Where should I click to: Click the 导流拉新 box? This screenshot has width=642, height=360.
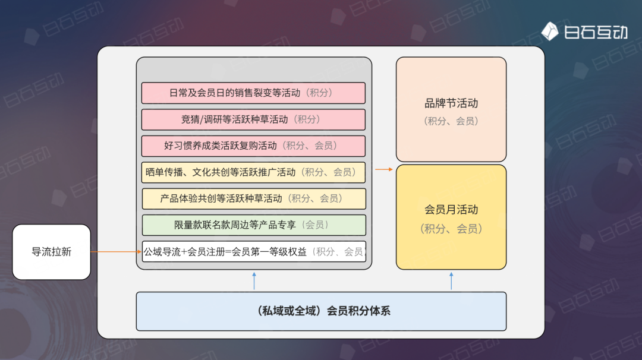coord(51,252)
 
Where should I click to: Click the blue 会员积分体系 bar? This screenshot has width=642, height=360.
coord(321,311)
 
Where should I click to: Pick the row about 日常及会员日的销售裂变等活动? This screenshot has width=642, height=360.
coord(253,93)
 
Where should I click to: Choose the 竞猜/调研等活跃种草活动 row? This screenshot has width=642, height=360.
coord(253,119)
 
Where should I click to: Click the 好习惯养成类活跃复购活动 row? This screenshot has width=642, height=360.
coord(253,146)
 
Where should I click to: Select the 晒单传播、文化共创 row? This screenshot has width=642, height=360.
coord(253,172)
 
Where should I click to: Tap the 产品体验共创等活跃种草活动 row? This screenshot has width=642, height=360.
coord(253,198)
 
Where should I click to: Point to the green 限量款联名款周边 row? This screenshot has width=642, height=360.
coord(253,225)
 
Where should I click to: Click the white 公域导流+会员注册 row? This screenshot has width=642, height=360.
coord(253,252)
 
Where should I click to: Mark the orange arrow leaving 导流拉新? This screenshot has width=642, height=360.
coord(116,252)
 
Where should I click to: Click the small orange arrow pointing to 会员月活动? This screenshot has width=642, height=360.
coord(384,169)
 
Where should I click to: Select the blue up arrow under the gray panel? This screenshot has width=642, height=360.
coord(254,280)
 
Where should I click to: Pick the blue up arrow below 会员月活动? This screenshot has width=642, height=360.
coord(451,280)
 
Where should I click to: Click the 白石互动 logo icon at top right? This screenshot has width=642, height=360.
coord(549,31)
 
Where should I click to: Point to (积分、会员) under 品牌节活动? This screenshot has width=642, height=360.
coord(451,121)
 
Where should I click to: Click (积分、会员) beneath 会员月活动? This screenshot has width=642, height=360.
coord(451,229)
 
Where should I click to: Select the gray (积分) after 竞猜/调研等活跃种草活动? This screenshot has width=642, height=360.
coord(308,119)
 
